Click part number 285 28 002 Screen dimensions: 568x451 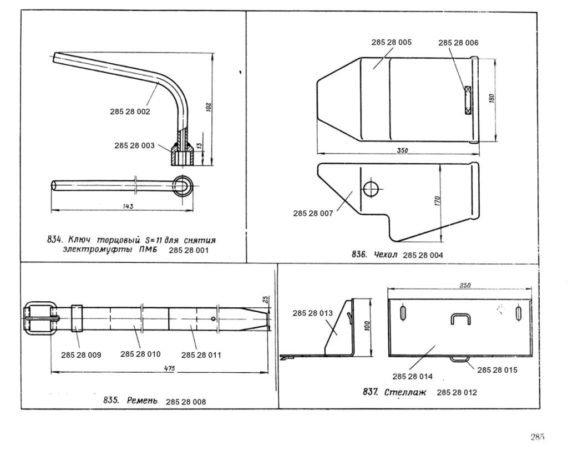click(x=130, y=112)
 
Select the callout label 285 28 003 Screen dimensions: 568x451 click(x=134, y=146)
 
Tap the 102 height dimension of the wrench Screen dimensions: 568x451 click(x=209, y=108)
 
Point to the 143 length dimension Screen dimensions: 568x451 click(x=128, y=206)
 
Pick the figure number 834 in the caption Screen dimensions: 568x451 click(x=54, y=240)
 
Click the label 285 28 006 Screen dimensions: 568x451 click(x=458, y=43)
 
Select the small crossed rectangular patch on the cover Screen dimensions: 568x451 click(x=468, y=100)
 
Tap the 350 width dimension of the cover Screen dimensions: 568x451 click(x=402, y=150)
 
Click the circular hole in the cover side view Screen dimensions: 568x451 click(x=371, y=189)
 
